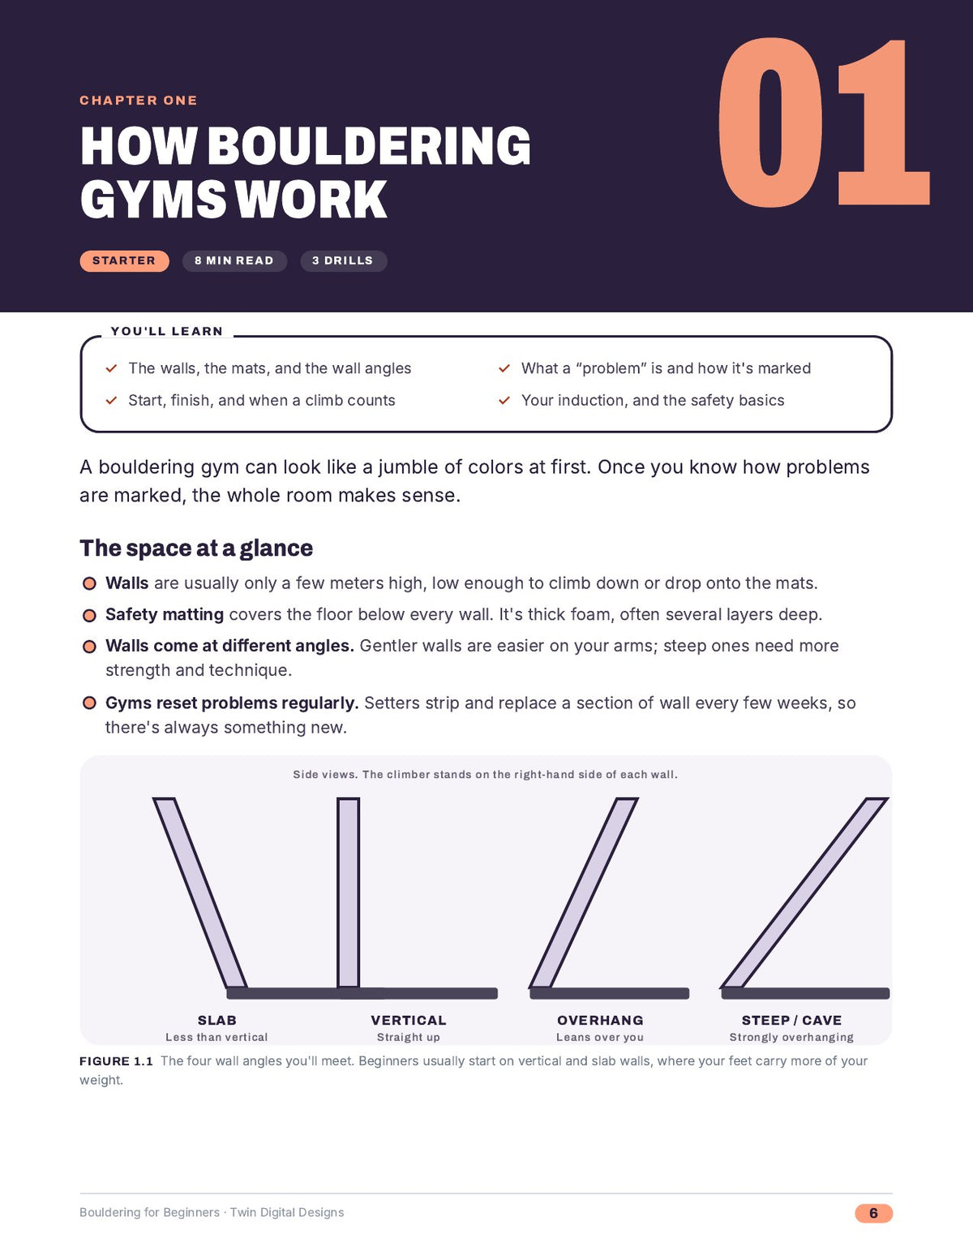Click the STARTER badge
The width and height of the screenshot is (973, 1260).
click(x=124, y=261)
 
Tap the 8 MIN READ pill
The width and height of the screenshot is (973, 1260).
click(x=234, y=261)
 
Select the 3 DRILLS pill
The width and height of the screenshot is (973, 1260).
click(x=343, y=261)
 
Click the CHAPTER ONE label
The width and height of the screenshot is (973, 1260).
click(x=139, y=101)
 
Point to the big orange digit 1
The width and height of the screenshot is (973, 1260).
click(x=882, y=123)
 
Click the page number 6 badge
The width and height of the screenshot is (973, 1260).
click(x=873, y=1213)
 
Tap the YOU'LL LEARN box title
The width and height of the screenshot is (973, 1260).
click(x=167, y=331)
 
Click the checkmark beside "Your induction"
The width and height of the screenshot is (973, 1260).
click(x=504, y=400)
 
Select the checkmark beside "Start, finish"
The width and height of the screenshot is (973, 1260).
click(x=111, y=400)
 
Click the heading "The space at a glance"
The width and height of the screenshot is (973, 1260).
click(x=196, y=548)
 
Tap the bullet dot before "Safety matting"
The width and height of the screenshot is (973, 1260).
click(x=89, y=615)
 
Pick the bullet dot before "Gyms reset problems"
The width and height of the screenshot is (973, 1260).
click(x=89, y=703)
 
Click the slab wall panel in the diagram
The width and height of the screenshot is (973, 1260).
click(x=200, y=892)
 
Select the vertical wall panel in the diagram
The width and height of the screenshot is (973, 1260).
click(x=349, y=892)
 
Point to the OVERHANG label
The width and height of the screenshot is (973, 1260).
click(x=600, y=1020)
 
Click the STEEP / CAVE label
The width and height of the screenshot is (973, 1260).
click(x=791, y=1020)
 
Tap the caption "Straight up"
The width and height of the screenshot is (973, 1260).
click(x=409, y=1038)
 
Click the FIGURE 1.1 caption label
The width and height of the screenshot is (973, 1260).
click(x=116, y=1061)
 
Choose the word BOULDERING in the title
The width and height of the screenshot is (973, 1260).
click(x=369, y=145)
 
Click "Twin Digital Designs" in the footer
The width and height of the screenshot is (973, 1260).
click(x=287, y=1212)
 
